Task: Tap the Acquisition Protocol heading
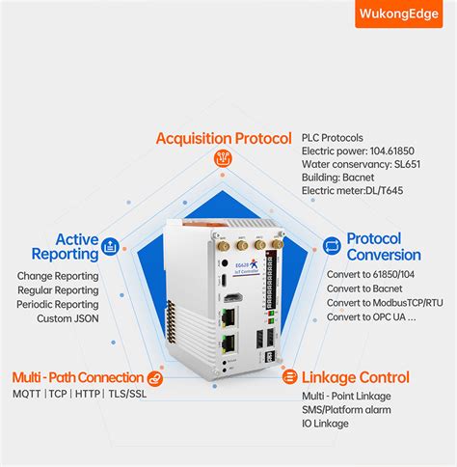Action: (223, 139)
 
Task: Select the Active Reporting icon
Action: (112, 247)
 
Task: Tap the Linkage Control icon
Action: (289, 377)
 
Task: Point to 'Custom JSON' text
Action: (67, 318)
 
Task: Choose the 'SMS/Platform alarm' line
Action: (346, 411)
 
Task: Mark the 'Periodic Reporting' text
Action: (58, 304)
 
